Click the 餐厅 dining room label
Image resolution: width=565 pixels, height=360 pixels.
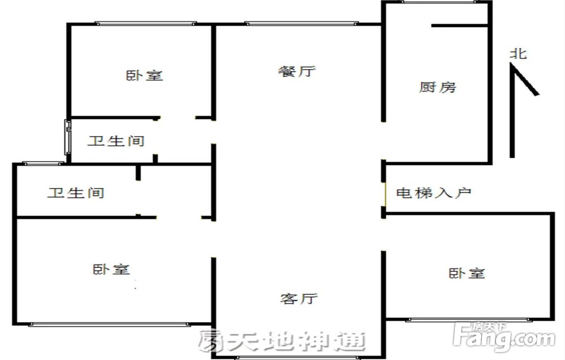(297, 71)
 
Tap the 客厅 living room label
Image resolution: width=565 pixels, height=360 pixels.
(299, 298)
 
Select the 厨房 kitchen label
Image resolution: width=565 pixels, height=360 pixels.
(437, 87)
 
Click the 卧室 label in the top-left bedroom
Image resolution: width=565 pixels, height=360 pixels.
(144, 75)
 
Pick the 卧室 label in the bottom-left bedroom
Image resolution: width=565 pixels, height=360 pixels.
(111, 269)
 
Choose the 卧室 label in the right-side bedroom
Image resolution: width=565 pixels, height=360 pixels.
(467, 273)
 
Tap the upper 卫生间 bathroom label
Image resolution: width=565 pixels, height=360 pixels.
(116, 141)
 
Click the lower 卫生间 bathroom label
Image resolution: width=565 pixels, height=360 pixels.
(76, 192)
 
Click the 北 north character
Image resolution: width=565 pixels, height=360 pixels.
(519, 54)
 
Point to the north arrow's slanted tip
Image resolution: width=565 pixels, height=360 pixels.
(537, 94)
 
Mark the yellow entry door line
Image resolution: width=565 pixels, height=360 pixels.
(385, 194)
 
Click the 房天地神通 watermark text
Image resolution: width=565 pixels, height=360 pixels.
(281, 341)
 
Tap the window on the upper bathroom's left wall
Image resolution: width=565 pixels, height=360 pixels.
(67, 137)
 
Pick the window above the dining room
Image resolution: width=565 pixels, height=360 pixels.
(301, 24)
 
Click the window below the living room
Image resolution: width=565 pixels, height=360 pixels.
(297, 358)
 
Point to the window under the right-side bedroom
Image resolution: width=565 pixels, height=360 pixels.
(468, 320)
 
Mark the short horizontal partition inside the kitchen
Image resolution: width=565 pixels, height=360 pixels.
(460, 25)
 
